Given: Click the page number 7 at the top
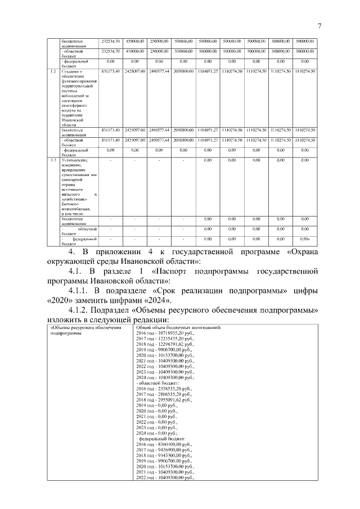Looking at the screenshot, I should (x=319, y=26).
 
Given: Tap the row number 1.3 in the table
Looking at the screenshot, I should (x=52, y=160).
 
